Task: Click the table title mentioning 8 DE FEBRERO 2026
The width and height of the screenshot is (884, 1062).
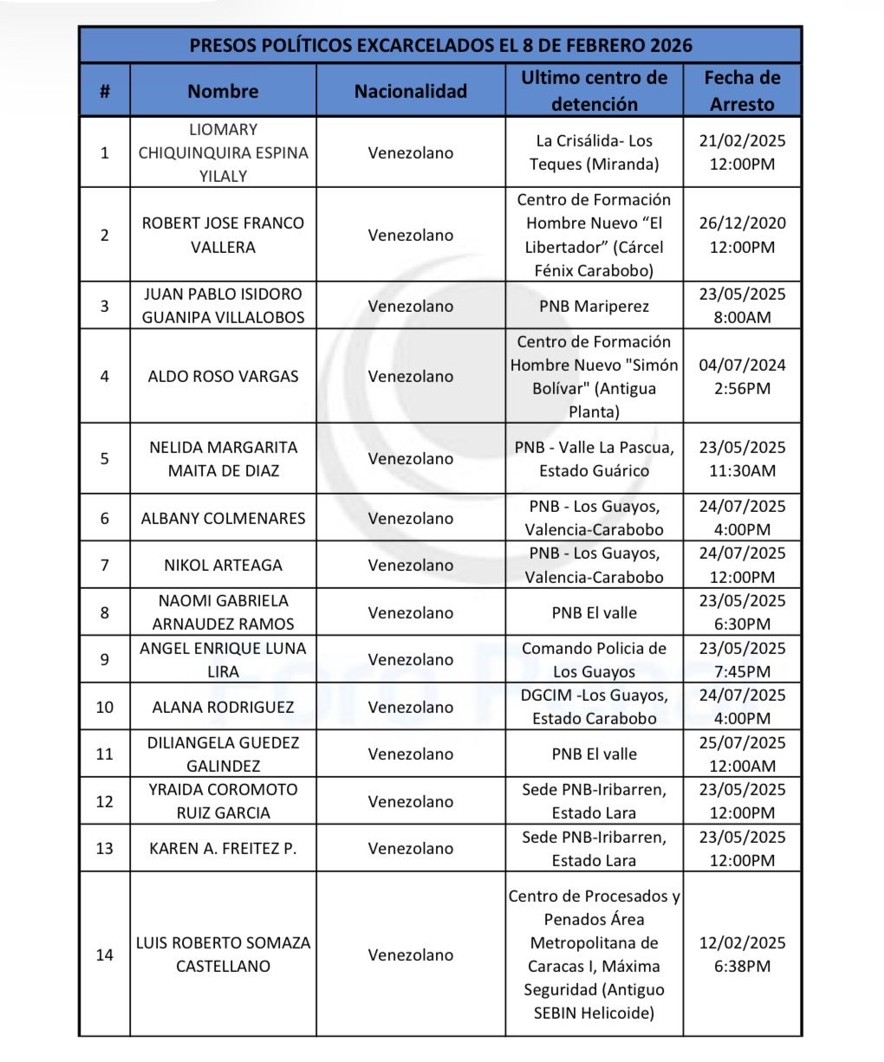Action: pos(440,45)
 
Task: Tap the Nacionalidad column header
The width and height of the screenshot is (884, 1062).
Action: pos(410,91)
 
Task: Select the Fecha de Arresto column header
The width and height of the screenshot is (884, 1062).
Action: pos(742,91)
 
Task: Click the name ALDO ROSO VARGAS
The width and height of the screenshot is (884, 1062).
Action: pos(223,376)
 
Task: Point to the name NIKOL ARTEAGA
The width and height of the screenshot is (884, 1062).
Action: pos(223,565)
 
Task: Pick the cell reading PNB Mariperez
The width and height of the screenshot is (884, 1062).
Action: pos(594,306)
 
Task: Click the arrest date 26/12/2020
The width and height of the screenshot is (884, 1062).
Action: pos(742,235)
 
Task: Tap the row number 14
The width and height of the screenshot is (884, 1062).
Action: pos(104,955)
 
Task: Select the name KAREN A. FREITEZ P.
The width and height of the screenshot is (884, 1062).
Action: pos(223,848)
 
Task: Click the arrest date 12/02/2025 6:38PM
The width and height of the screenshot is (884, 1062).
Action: pos(742,955)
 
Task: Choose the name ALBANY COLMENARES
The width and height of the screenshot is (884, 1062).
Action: pos(223,518)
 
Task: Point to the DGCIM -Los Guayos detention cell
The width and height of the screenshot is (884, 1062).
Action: pos(594,707)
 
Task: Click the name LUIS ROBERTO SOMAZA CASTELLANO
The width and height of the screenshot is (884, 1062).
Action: pos(223,955)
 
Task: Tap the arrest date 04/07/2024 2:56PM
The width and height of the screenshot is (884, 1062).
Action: pos(742,376)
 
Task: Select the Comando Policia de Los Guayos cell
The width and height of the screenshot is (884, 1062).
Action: pos(594,659)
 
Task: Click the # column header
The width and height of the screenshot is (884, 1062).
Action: pos(104,91)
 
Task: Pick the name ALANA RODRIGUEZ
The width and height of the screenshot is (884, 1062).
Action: pos(223,707)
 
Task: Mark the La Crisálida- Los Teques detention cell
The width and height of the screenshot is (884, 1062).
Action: pos(594,152)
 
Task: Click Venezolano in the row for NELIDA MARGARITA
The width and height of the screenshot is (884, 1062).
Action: pos(410,458)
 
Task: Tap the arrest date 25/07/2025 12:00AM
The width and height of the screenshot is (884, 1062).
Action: pos(742,754)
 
